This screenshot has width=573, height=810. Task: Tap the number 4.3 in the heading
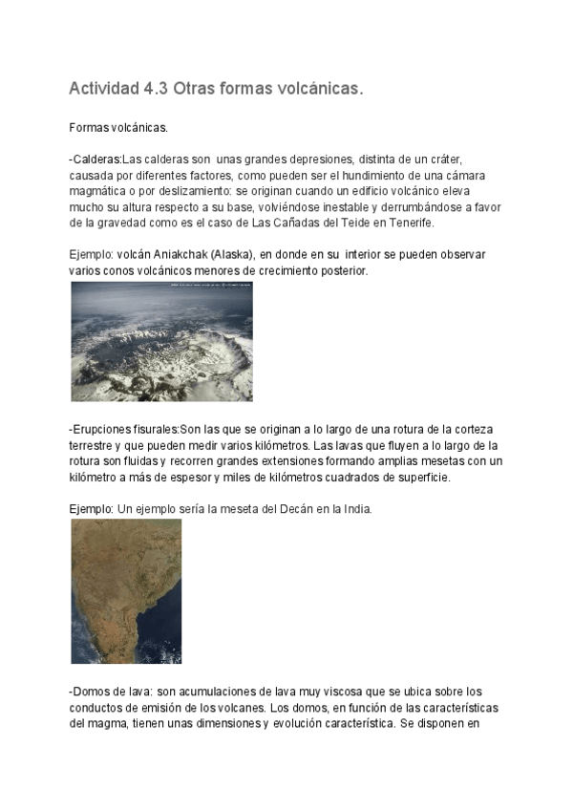(155, 89)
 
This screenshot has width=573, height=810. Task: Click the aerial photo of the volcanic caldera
(161, 341)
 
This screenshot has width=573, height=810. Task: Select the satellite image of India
(126, 590)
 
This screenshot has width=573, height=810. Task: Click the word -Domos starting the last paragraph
(90, 691)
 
